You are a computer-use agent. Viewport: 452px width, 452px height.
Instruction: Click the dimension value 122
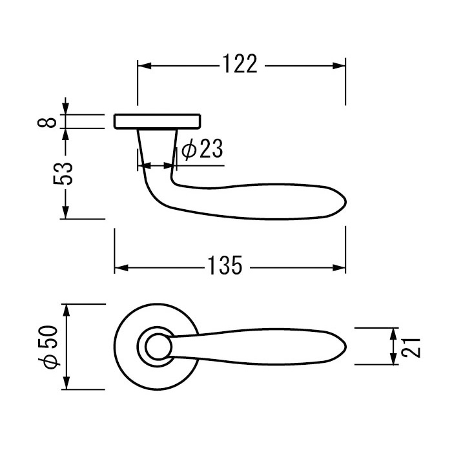[x=240, y=64]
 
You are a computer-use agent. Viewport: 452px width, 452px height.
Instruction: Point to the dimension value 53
[x=63, y=174]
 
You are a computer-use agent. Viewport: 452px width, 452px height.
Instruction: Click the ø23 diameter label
[x=202, y=149]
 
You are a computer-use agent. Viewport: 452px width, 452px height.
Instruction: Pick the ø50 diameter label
[x=48, y=347]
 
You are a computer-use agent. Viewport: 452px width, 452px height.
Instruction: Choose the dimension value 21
[x=411, y=347]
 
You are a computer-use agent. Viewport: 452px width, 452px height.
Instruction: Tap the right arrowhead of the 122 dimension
[x=338, y=66]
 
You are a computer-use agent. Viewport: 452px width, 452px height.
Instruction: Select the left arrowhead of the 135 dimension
[x=121, y=268]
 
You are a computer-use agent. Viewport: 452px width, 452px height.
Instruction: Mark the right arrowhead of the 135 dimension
[x=338, y=268]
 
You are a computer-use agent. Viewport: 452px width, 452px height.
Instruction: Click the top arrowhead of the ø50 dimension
[x=67, y=311]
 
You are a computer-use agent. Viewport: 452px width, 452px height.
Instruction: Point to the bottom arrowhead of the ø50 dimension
[x=67, y=382]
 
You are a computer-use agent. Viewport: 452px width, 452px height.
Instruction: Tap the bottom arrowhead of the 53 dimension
[x=66, y=212]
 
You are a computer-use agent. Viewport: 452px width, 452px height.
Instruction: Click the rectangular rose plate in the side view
[x=158, y=121]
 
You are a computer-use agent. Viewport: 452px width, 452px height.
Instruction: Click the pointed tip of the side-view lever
[x=345, y=202]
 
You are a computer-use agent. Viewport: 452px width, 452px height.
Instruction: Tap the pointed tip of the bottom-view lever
[x=345, y=347]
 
